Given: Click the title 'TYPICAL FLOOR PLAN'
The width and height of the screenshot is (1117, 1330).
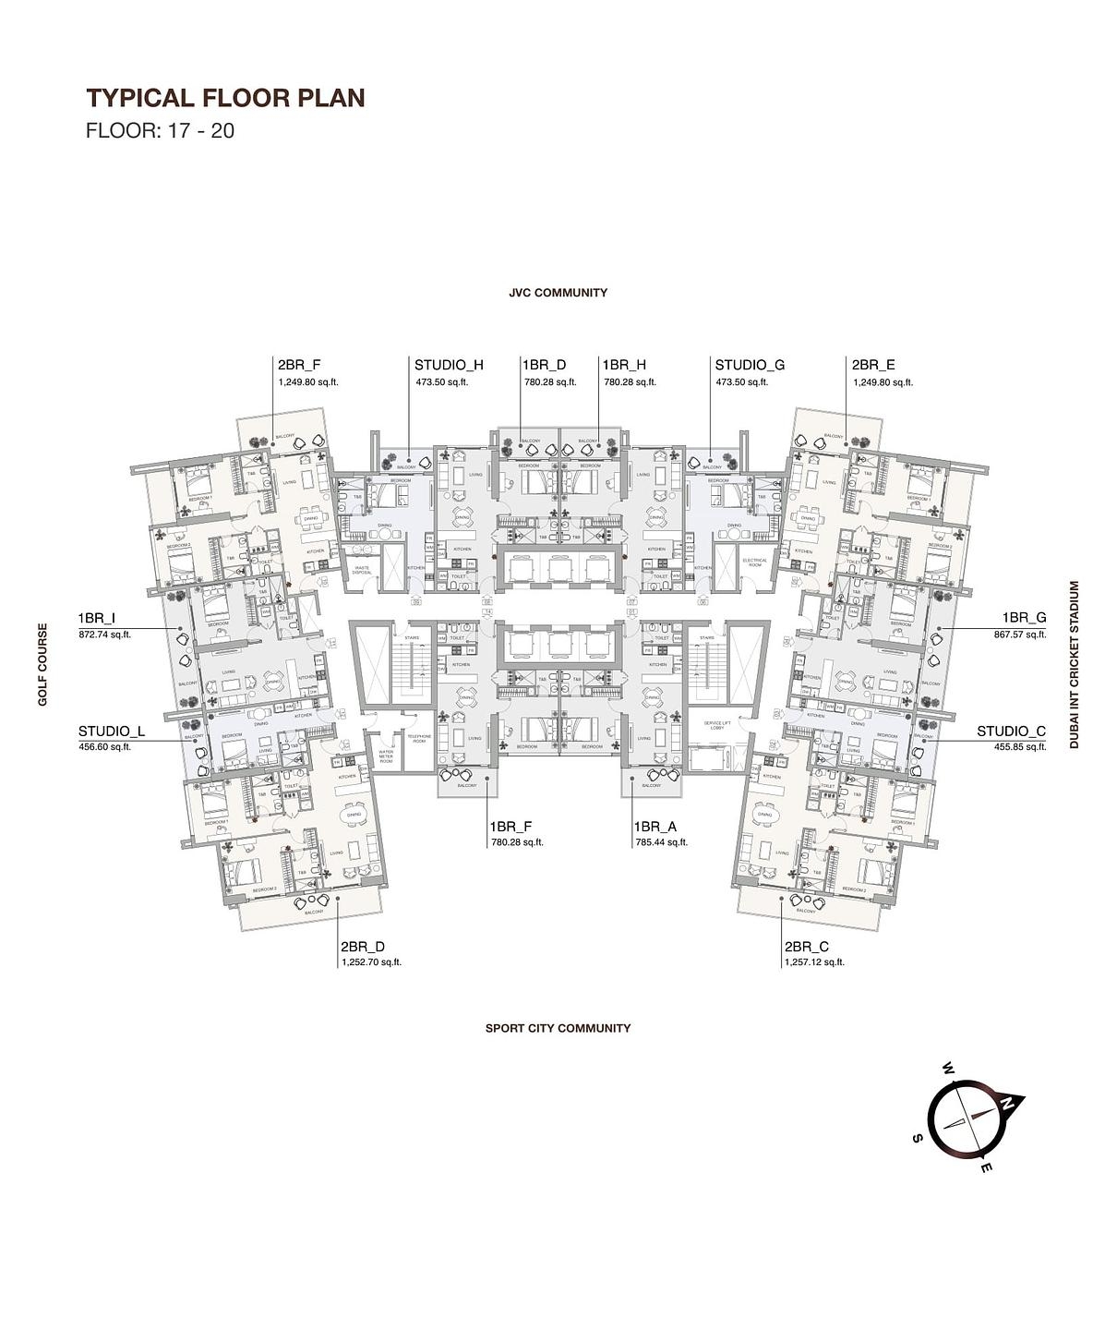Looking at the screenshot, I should coord(225,98).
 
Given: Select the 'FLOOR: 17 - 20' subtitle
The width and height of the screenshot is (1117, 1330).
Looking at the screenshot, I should coord(160,130).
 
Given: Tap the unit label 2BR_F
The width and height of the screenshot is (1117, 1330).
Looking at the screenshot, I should coord(299,365).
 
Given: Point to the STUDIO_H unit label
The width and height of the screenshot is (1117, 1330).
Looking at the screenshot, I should coord(449,365).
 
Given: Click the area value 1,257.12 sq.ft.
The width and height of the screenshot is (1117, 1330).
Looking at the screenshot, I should coord(814,961).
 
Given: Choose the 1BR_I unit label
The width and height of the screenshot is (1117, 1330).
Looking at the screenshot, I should coord(97,618).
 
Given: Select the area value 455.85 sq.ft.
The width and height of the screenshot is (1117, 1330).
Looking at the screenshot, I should coord(1020,746).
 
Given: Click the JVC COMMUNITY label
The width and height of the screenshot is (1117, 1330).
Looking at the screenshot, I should coord(558,293).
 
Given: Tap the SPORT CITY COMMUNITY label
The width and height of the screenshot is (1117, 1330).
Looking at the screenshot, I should coord(558,1028).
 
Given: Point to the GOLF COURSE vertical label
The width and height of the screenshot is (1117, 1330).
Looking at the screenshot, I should coord(42,664).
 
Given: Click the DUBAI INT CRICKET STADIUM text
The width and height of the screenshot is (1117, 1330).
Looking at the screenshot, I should coord(1074,664).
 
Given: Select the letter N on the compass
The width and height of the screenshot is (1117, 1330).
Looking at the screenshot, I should coord(1010,1102).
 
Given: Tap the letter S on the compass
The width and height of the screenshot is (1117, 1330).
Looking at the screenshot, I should coord(917,1138).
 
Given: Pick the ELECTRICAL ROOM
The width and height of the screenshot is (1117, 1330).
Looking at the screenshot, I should coord(754,562).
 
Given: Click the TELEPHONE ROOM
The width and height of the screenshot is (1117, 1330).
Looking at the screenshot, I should coord(419,739).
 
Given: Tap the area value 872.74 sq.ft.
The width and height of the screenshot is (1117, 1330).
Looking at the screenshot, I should coord(104,635).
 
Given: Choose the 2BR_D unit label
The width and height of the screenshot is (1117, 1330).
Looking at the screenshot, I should coord(363,947).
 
